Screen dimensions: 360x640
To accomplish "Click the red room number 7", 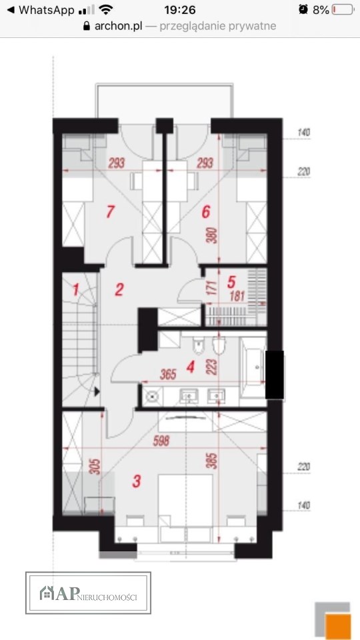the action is [109, 212].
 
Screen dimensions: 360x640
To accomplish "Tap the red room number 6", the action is [206, 212].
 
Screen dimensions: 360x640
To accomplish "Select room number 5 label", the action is [231, 281].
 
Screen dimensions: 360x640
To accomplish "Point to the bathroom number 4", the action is [190, 367].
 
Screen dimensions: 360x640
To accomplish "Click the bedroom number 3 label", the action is [136, 481].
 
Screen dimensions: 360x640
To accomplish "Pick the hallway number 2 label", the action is [119, 290].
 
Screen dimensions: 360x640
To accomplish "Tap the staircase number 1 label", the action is [75, 290].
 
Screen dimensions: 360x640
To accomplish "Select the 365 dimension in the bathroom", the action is [168, 374].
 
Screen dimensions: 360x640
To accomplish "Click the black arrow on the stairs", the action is [97, 392].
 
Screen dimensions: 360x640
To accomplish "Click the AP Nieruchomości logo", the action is [88, 593].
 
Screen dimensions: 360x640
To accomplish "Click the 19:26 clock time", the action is [179, 10].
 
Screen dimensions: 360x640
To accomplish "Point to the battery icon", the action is [343, 10].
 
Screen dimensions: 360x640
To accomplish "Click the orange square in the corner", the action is [339, 627].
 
